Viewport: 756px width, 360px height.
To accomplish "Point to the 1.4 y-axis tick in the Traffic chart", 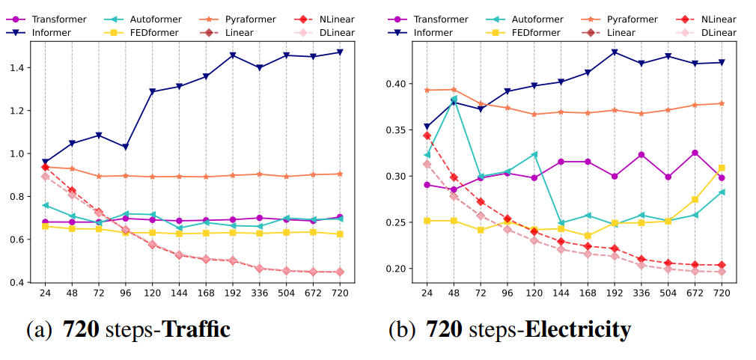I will point(17,68).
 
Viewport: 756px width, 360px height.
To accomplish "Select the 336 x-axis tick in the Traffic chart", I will point(260,293).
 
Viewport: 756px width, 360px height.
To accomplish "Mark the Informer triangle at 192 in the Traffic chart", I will point(233,55).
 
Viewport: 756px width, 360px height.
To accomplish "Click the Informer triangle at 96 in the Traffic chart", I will point(126,147).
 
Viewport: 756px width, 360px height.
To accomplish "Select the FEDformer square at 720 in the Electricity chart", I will point(722,168).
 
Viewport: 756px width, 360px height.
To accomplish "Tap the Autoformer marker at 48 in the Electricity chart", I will point(454,99).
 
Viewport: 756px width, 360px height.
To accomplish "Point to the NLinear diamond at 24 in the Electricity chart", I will point(427,135).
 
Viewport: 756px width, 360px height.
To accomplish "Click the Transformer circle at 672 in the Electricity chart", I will point(695,153).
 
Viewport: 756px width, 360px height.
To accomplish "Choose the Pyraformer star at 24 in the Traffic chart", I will point(45,167).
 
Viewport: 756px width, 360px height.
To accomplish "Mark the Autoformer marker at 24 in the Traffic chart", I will point(45,204).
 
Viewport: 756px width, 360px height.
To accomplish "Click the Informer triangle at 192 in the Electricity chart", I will point(615,52).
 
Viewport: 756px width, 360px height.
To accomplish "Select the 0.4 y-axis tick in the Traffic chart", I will point(17,283).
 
